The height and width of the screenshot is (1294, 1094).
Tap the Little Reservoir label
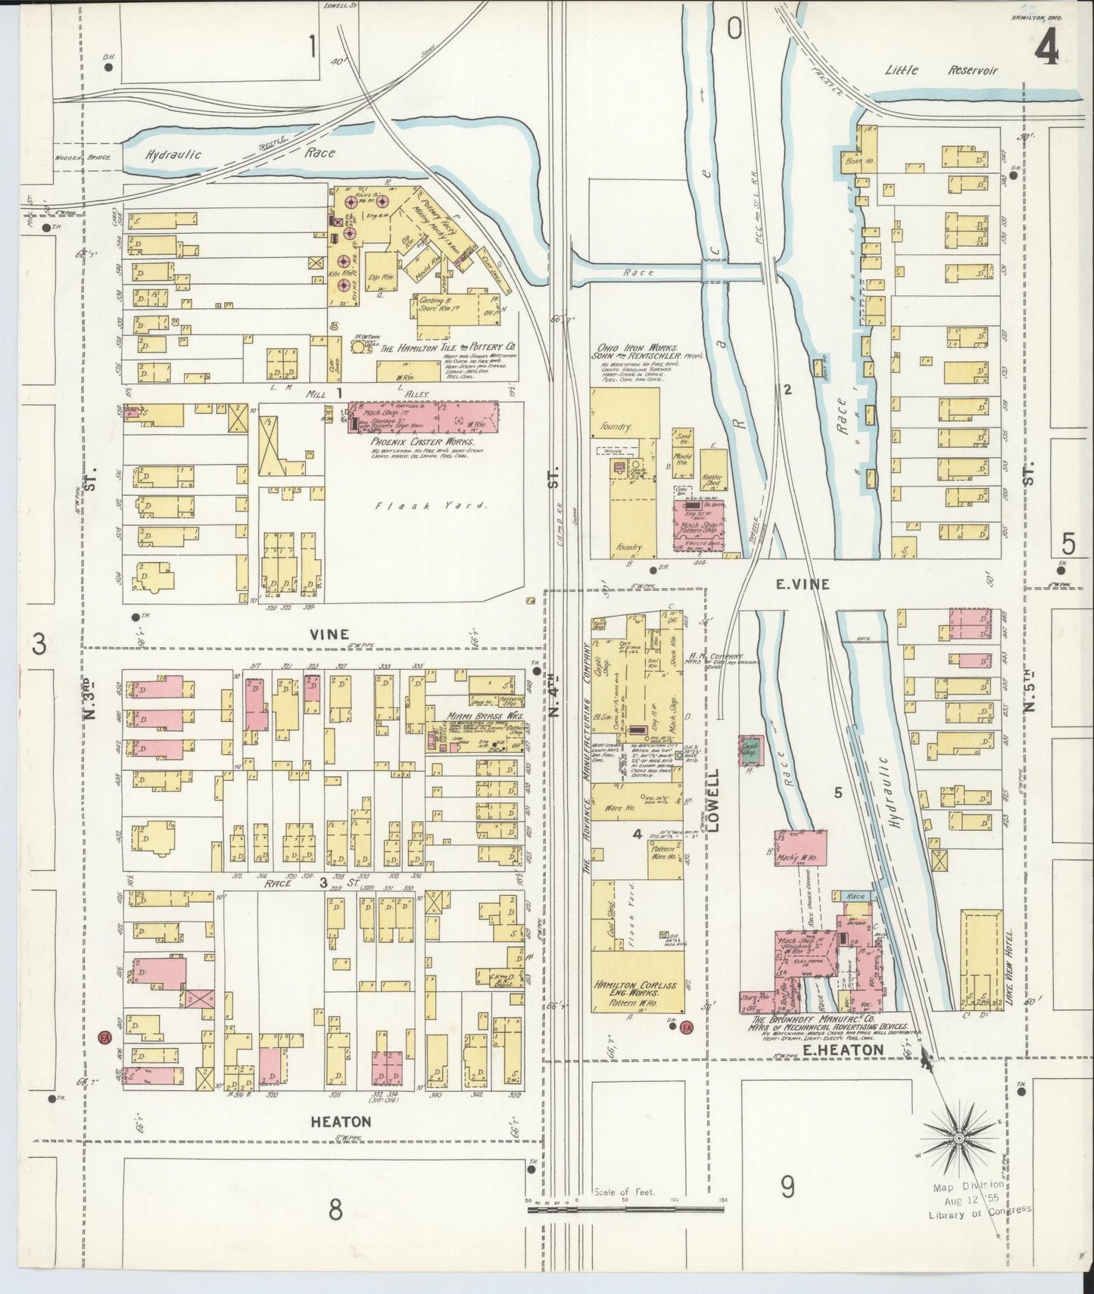[942, 70]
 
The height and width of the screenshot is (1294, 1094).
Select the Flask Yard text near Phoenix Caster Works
[429, 506]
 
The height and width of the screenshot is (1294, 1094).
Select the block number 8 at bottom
[335, 1210]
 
